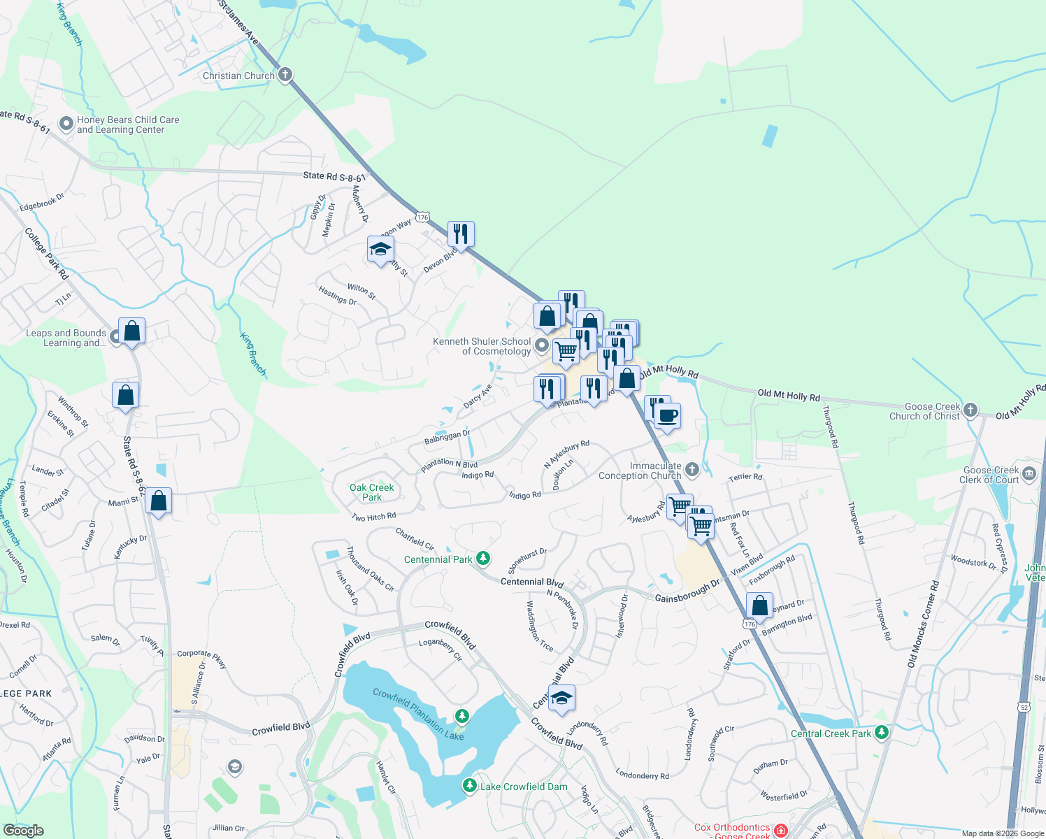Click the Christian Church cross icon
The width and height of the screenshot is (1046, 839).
285,75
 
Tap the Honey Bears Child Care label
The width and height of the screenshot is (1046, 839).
127,124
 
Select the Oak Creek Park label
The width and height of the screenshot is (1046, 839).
371,492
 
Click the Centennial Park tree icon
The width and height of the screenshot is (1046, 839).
483,558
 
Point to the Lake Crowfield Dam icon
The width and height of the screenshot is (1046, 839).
470,786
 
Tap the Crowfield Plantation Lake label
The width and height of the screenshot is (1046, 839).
418,713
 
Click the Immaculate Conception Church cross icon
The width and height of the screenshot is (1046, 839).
692,469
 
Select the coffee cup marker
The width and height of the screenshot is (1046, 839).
667,416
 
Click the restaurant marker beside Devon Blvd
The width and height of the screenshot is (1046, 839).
461,234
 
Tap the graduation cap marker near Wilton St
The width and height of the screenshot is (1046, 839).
380,250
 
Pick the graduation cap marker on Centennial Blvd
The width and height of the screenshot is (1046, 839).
561,698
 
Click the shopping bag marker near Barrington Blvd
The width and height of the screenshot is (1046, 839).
759,605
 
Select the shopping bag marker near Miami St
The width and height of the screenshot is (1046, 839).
159,501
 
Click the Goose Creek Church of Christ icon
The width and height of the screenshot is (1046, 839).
970,410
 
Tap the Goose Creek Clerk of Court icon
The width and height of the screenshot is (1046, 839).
1029,475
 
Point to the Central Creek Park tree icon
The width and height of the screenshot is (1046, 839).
882,732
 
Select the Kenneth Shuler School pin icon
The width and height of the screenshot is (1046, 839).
542,345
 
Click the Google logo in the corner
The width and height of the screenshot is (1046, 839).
23,830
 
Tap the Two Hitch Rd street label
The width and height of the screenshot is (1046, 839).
374,517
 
